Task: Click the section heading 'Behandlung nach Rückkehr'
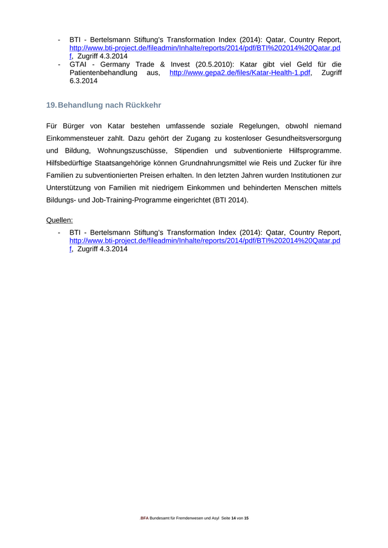click(x=109, y=105)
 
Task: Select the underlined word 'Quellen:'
click(x=59, y=220)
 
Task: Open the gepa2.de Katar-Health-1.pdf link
click(x=239, y=73)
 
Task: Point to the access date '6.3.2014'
click(x=83, y=81)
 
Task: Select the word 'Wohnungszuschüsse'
click(x=131, y=151)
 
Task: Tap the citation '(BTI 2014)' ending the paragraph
click(x=231, y=200)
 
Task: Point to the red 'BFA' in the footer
click(x=144, y=518)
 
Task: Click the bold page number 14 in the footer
click(x=233, y=518)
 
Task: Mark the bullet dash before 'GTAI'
click(x=59, y=64)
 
